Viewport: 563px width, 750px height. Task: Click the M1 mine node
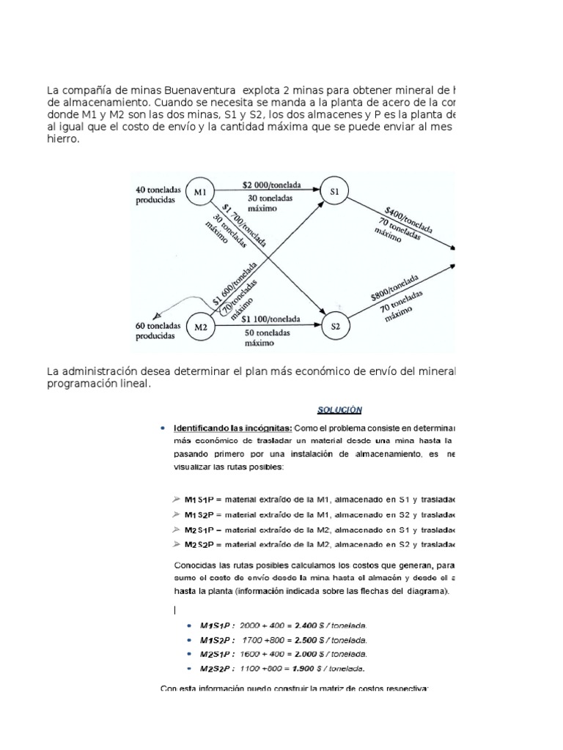(x=199, y=192)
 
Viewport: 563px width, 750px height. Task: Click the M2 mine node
(x=201, y=327)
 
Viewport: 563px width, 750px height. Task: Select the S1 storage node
(x=335, y=192)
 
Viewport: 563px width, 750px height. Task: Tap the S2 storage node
(x=335, y=327)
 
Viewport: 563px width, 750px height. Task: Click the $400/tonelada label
(x=405, y=218)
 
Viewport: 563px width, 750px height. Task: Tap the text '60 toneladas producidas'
(x=155, y=330)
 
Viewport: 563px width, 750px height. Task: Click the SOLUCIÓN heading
(x=341, y=409)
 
